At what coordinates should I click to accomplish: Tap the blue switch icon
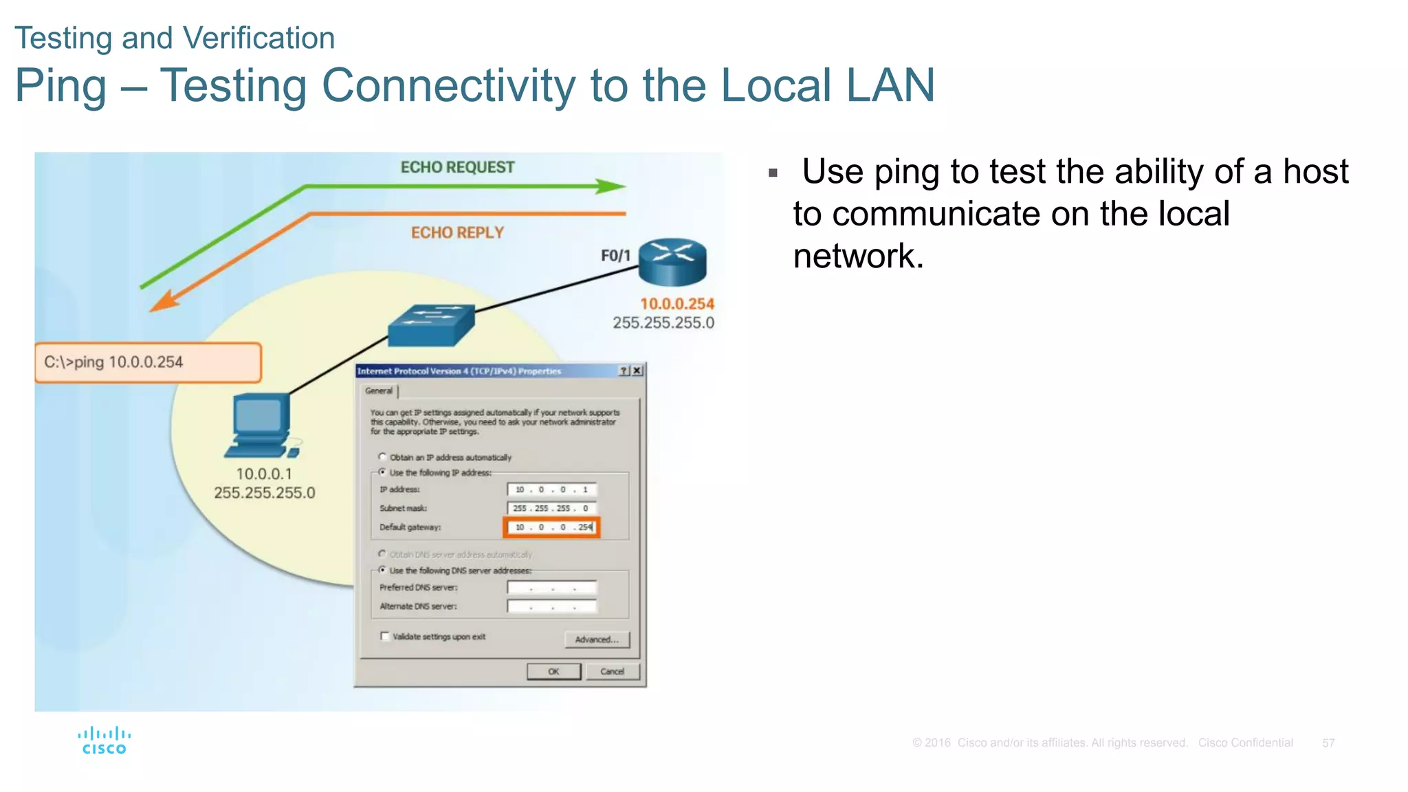click(x=431, y=325)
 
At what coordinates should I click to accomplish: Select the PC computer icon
click(x=261, y=426)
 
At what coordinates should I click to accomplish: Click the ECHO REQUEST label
click(x=457, y=168)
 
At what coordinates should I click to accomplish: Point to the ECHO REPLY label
click(x=457, y=233)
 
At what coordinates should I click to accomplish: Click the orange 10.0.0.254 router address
click(x=677, y=304)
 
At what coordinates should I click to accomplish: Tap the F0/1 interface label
click(x=615, y=256)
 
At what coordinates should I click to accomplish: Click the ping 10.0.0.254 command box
click(x=148, y=362)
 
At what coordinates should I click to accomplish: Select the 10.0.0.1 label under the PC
click(x=264, y=474)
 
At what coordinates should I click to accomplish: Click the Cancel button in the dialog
click(x=612, y=672)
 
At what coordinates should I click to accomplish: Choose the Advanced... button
click(x=597, y=639)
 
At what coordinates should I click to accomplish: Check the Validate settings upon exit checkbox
click(x=385, y=636)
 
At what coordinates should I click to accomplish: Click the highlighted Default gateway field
click(x=552, y=527)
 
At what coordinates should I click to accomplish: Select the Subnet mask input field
click(x=552, y=509)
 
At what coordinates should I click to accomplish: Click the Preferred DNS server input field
click(x=552, y=588)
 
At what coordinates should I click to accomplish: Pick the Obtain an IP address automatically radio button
click(x=382, y=456)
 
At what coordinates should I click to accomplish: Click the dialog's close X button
click(x=637, y=371)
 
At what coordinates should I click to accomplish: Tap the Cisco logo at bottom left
click(x=104, y=741)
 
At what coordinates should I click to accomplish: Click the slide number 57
click(x=1328, y=743)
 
